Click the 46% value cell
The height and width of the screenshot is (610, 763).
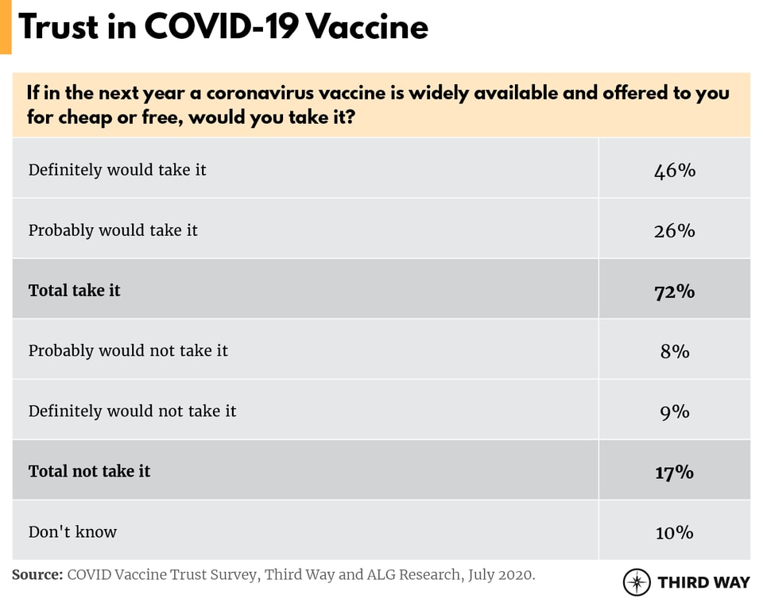(x=675, y=170)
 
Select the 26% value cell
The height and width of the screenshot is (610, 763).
(x=675, y=230)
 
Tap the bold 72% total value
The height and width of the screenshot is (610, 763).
(x=675, y=291)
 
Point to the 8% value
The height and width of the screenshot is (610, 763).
(x=675, y=351)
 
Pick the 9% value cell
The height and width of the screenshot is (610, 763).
(x=675, y=411)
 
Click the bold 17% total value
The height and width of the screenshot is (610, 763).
(x=675, y=472)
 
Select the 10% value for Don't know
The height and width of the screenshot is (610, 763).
(x=675, y=532)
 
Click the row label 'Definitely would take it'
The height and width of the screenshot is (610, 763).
(x=117, y=170)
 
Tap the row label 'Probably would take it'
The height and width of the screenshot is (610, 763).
(x=113, y=230)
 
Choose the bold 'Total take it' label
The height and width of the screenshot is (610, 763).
(x=74, y=291)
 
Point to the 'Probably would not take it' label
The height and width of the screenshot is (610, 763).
(x=128, y=351)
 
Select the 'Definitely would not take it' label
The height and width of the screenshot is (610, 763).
(x=132, y=411)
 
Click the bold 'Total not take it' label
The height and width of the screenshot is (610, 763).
(x=89, y=472)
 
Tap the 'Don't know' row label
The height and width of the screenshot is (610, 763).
(x=72, y=532)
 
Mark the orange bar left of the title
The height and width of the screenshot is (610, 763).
(x=6, y=27)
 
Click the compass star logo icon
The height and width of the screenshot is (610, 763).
(x=637, y=582)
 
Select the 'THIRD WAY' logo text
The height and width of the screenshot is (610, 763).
(x=703, y=582)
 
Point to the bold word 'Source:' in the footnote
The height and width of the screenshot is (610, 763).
(x=37, y=574)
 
